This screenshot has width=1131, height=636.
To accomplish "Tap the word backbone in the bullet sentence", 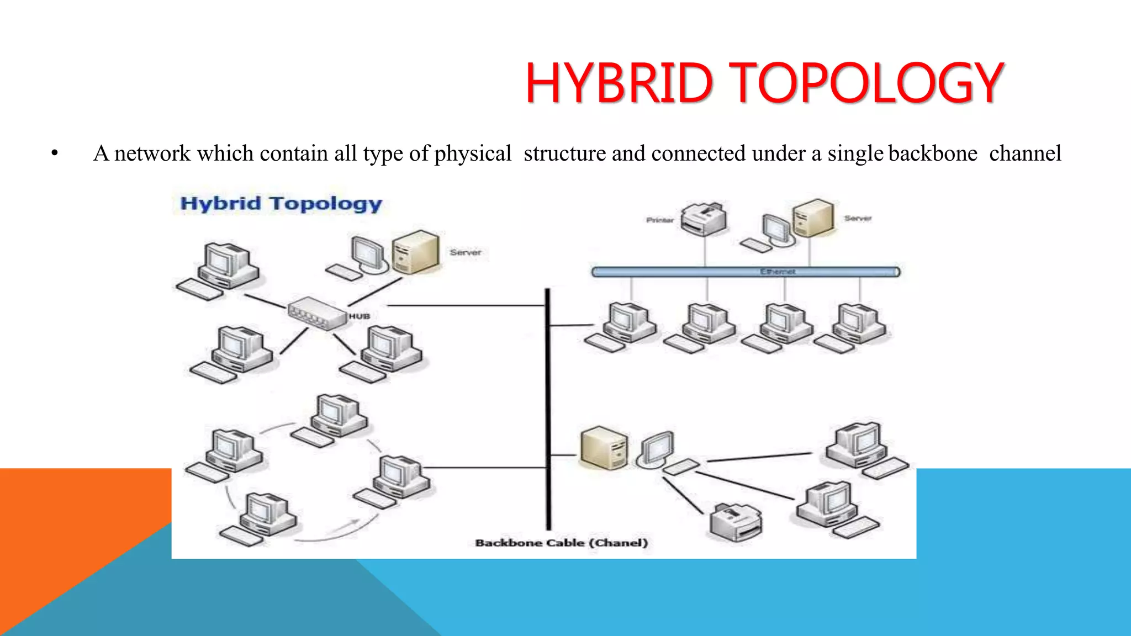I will pyautogui.click(x=933, y=153).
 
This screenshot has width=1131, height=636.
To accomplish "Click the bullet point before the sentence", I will pyautogui.click(x=54, y=153).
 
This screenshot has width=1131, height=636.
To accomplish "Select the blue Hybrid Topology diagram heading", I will pyautogui.click(x=281, y=204).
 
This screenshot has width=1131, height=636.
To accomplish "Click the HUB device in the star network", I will pyautogui.click(x=315, y=313).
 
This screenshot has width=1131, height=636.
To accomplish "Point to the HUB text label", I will pyautogui.click(x=359, y=316).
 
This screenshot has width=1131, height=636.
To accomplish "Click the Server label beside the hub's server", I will pyautogui.click(x=465, y=252).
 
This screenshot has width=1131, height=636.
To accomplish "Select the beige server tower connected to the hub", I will pyautogui.click(x=415, y=252).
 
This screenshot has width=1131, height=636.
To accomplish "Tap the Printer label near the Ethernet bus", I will pyautogui.click(x=659, y=220).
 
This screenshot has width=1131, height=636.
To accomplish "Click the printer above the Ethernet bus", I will pyautogui.click(x=703, y=219).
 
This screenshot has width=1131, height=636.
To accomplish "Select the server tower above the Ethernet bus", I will pyautogui.click(x=812, y=218).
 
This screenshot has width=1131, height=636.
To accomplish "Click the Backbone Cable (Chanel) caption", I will pyautogui.click(x=561, y=543).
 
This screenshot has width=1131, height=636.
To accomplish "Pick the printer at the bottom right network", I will pyautogui.click(x=735, y=522).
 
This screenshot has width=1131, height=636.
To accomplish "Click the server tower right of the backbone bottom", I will pyautogui.click(x=604, y=448).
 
